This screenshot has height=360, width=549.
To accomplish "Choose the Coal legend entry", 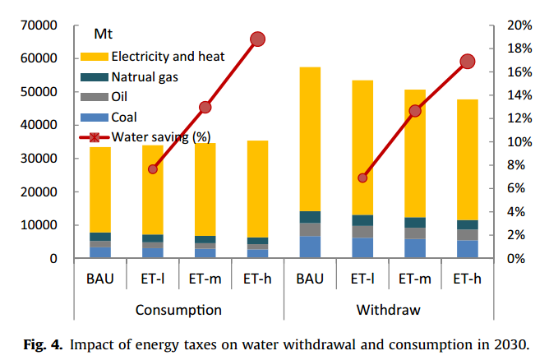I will point(124,117).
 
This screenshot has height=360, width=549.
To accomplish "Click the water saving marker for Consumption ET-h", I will point(257,39).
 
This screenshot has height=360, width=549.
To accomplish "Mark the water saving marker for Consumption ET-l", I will point(153,168).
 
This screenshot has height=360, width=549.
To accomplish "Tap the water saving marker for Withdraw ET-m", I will point(415,110).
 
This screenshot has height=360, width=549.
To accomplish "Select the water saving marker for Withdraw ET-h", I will point(468,62).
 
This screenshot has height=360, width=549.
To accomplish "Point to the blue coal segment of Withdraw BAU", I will point(310,247).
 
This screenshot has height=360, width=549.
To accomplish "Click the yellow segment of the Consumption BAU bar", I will point(100,189).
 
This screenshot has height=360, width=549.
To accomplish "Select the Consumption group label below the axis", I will point(178,310).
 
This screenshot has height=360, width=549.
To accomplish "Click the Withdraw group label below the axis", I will point(388,310).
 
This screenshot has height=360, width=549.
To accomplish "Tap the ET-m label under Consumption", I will point(205,279).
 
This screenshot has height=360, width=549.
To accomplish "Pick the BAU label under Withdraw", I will point(310,279).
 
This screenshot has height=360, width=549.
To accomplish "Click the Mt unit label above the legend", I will point(103,35).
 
